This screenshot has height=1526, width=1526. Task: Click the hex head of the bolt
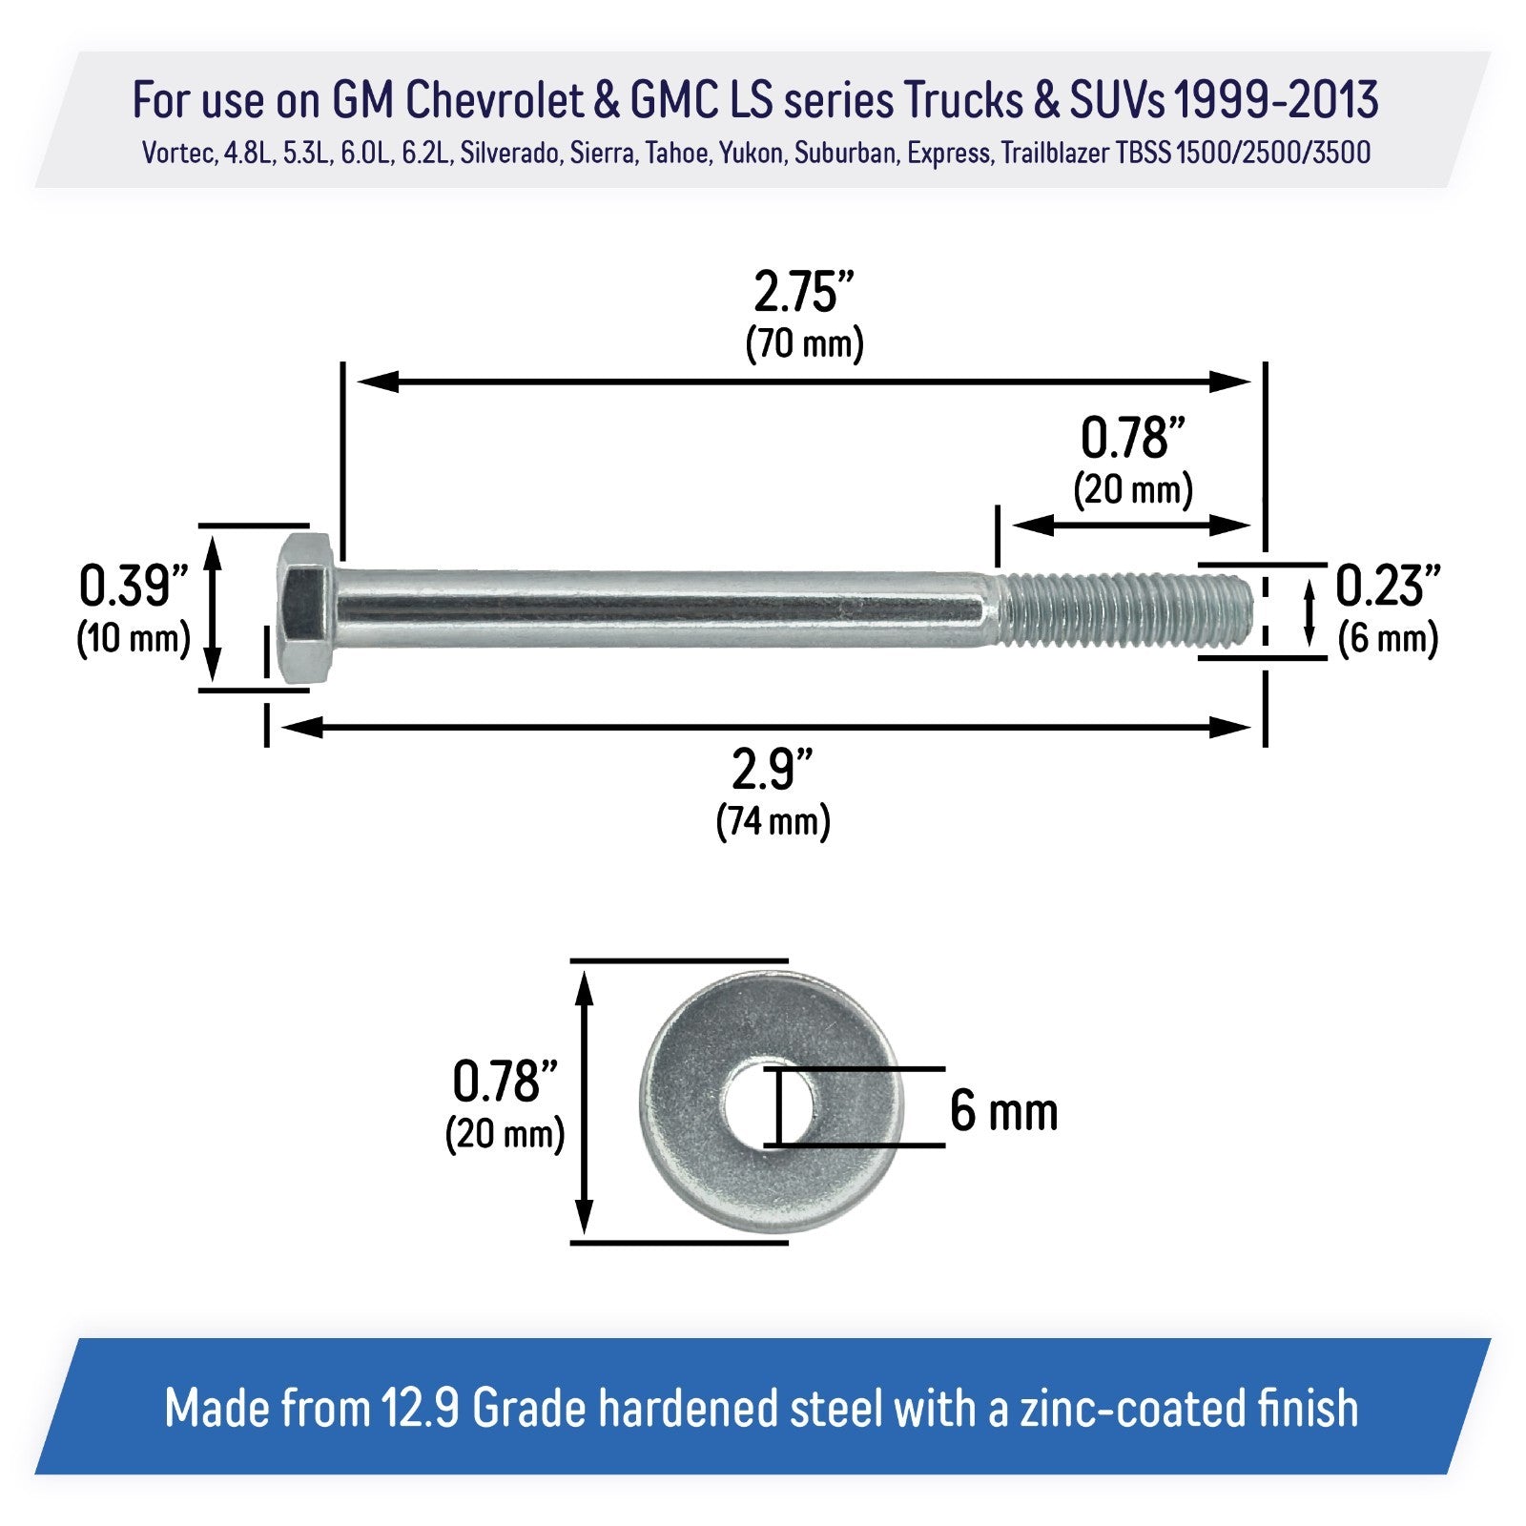[x=306, y=608]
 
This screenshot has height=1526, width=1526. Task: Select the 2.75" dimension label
[x=803, y=293]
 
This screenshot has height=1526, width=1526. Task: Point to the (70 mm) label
[x=804, y=343]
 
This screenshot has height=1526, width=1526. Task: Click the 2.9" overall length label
[x=773, y=770]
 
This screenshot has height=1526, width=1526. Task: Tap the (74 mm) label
[x=773, y=821]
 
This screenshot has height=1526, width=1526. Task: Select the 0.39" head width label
[x=133, y=586]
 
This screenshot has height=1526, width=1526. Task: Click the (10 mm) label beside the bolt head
[x=134, y=638]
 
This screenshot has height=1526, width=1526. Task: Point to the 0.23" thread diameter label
[x=1387, y=586]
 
